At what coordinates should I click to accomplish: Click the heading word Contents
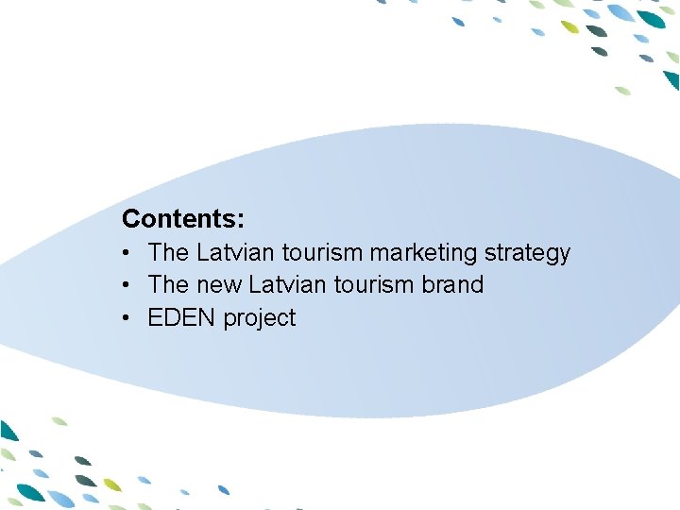(180, 219)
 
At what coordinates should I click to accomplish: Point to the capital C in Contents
(130, 219)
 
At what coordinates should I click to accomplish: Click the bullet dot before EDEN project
(126, 318)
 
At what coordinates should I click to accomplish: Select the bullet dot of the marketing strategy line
(126, 253)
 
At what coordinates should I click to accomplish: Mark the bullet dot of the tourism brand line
(126, 285)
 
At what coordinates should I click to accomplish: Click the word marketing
(424, 253)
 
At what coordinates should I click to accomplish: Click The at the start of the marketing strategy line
(169, 252)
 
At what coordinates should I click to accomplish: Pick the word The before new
(169, 284)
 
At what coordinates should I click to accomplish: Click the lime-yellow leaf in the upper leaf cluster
(569, 26)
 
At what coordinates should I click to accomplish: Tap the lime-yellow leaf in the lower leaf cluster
(112, 484)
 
